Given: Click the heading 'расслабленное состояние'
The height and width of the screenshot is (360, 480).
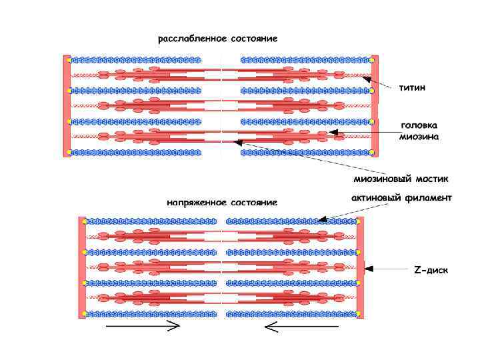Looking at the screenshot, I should click(x=217, y=38).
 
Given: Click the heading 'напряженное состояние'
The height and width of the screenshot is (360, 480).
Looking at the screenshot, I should click(x=222, y=201).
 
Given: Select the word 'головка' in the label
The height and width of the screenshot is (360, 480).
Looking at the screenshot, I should click(x=419, y=125).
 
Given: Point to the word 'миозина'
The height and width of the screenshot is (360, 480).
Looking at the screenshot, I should click(x=419, y=137).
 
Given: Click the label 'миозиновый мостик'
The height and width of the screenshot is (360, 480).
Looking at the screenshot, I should click(x=401, y=179).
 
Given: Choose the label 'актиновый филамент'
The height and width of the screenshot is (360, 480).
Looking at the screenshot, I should click(x=401, y=197).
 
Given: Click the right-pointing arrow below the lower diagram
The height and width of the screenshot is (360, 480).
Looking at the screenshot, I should click(x=143, y=326).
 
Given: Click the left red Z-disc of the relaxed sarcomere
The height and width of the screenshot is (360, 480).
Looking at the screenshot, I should click(x=67, y=106).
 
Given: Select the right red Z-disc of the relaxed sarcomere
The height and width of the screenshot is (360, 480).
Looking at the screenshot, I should click(x=375, y=106).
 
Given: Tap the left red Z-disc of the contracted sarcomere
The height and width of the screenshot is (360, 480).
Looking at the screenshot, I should click(x=82, y=267).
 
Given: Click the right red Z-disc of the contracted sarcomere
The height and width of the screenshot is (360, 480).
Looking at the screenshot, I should click(x=361, y=267).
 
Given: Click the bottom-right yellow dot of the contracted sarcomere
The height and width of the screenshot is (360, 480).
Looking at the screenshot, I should click(x=359, y=314).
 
